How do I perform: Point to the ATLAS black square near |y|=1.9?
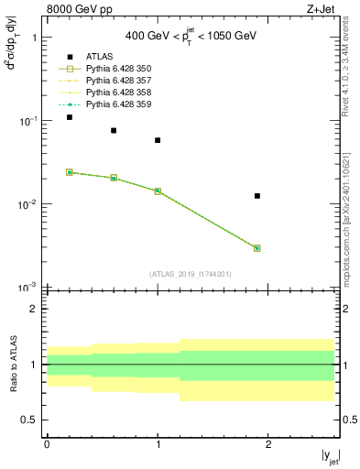(257, 196)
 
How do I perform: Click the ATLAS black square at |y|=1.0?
(158, 140)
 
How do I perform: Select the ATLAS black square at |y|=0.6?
(114, 131)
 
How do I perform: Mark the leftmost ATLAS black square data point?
(70, 117)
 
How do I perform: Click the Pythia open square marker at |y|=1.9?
(257, 248)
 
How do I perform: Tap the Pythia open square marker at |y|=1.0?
(158, 191)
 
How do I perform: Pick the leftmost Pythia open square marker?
(70, 172)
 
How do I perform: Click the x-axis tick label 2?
(268, 443)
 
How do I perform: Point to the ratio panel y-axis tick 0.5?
(33, 420)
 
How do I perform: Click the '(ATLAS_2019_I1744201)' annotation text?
(191, 274)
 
